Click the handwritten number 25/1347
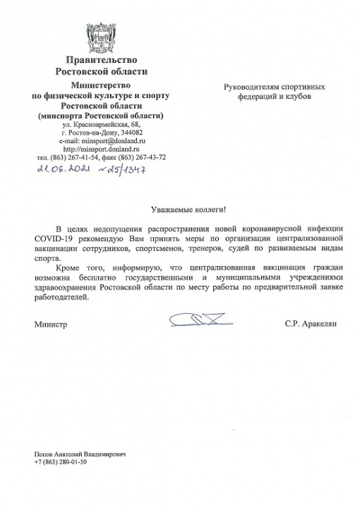click(x=123, y=170)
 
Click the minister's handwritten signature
click(x=202, y=322)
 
